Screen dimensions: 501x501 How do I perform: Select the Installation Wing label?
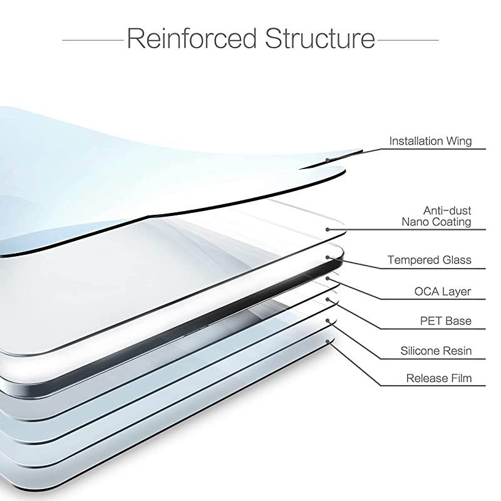click(x=430, y=141)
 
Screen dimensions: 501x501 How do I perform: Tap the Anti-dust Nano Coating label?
click(x=438, y=216)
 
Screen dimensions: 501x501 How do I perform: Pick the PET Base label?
click(x=447, y=321)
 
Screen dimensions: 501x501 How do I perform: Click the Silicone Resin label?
click(x=436, y=351)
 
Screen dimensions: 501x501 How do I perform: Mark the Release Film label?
click(x=439, y=378)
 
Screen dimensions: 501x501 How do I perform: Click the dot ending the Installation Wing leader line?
click(x=327, y=160)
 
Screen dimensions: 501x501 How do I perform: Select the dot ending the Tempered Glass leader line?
click(x=327, y=257)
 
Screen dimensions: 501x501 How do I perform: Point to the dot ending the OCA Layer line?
click(x=327, y=279)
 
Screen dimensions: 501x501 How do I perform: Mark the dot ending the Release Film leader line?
click(x=328, y=341)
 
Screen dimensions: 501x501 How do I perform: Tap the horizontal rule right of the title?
click(x=408, y=39)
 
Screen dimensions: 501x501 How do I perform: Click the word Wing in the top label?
click(x=459, y=141)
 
